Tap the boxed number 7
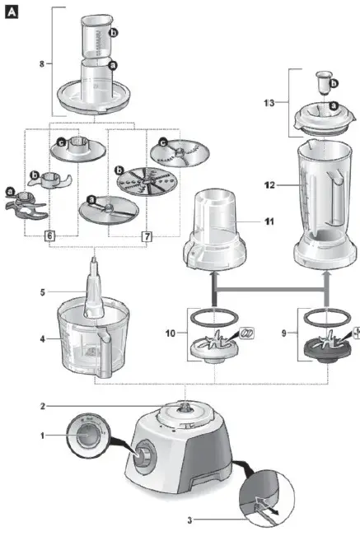point(147,236)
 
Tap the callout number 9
point(285,333)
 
